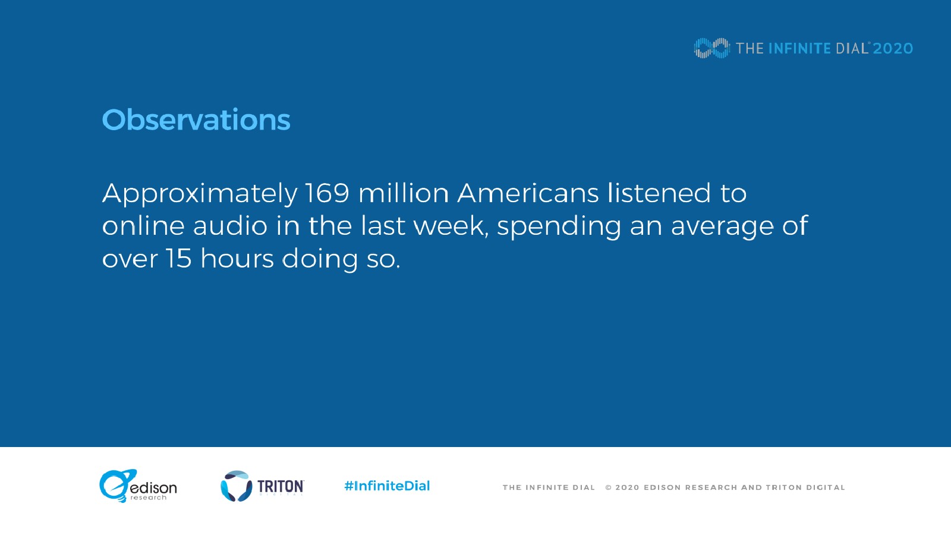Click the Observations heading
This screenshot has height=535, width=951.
click(x=196, y=119)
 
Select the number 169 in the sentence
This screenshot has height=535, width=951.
click(x=327, y=193)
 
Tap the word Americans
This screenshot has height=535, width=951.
click(x=528, y=193)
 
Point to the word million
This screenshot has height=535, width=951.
click(x=404, y=193)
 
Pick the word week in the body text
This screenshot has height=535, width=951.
click(x=450, y=226)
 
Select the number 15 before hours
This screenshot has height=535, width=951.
click(x=178, y=259)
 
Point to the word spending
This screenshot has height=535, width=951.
click(x=559, y=228)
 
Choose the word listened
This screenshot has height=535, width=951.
click(x=659, y=193)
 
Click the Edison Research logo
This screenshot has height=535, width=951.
click(x=138, y=486)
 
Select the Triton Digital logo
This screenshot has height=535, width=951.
click(x=262, y=486)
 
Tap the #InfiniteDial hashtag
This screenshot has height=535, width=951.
click(x=387, y=486)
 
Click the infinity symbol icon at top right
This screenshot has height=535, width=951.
click(x=712, y=48)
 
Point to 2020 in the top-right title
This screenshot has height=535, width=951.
click(x=893, y=48)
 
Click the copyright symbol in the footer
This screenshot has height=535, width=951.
click(x=609, y=487)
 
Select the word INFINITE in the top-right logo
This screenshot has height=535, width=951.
click(x=800, y=48)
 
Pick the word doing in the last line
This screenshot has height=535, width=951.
click(x=320, y=259)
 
